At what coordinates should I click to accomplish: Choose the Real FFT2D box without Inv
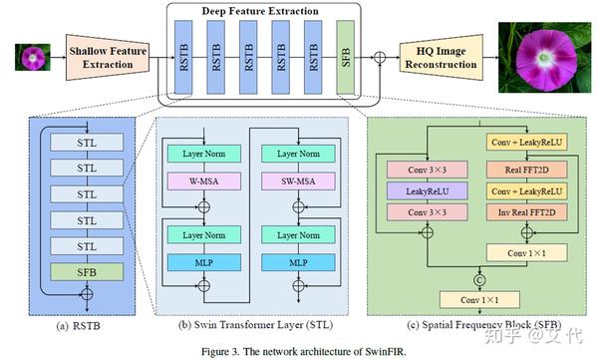click(523, 169)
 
